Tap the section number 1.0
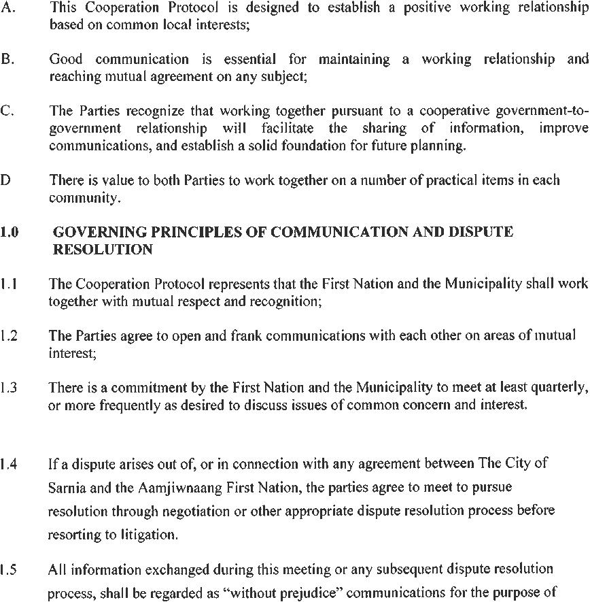click(9, 233)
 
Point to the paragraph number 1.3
click(9, 388)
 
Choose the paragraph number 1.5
click(9, 568)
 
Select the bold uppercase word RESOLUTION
click(103, 250)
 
